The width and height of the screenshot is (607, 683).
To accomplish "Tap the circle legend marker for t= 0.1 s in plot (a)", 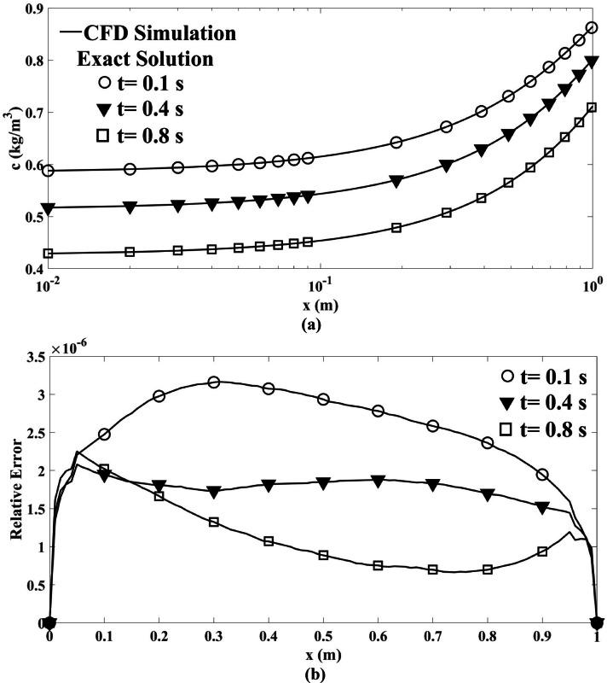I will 105,85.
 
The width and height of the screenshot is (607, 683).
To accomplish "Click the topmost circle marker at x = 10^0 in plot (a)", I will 593,27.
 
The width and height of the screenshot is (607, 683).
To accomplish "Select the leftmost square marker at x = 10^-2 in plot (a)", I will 49,254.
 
